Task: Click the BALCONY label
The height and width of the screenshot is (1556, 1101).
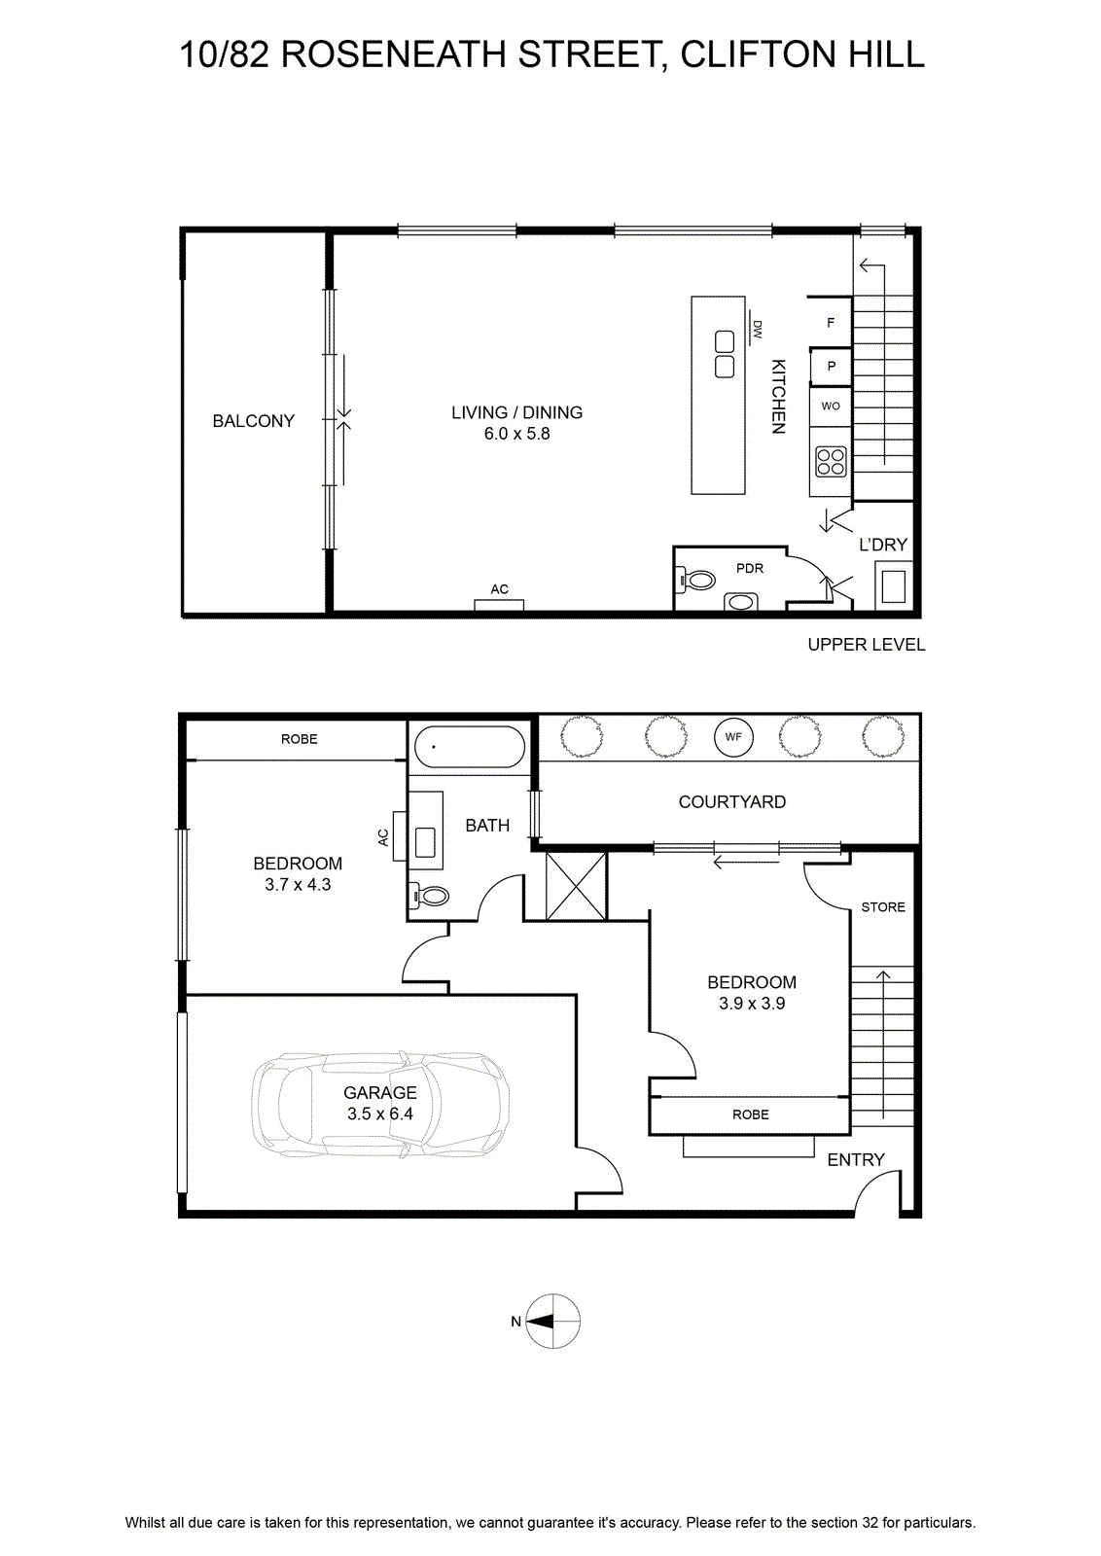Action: coord(253,421)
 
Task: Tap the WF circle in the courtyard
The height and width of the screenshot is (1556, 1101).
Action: coord(733,737)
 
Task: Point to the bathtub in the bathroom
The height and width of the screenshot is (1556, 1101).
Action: coord(471,748)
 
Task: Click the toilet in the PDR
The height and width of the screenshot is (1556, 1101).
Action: coord(696,579)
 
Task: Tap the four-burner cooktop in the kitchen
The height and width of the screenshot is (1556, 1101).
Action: coord(831,461)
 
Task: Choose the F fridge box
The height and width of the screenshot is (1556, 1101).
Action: coord(830,322)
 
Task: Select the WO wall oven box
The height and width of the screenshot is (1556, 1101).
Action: coord(831,407)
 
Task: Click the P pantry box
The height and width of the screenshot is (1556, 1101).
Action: coord(831,366)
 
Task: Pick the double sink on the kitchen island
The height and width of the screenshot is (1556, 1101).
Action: coord(725,354)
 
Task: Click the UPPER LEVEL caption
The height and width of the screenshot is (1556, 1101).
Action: coord(867,645)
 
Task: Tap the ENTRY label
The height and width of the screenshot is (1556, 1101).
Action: coord(856,1159)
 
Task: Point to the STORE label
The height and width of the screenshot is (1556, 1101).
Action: coord(883,907)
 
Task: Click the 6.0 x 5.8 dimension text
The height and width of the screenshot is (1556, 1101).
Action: coord(516,434)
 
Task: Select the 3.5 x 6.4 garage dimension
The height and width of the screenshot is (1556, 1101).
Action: coord(380,1114)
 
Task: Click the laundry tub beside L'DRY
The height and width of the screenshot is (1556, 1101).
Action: coord(893,586)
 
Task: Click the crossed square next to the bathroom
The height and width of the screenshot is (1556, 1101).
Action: coord(576,886)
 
